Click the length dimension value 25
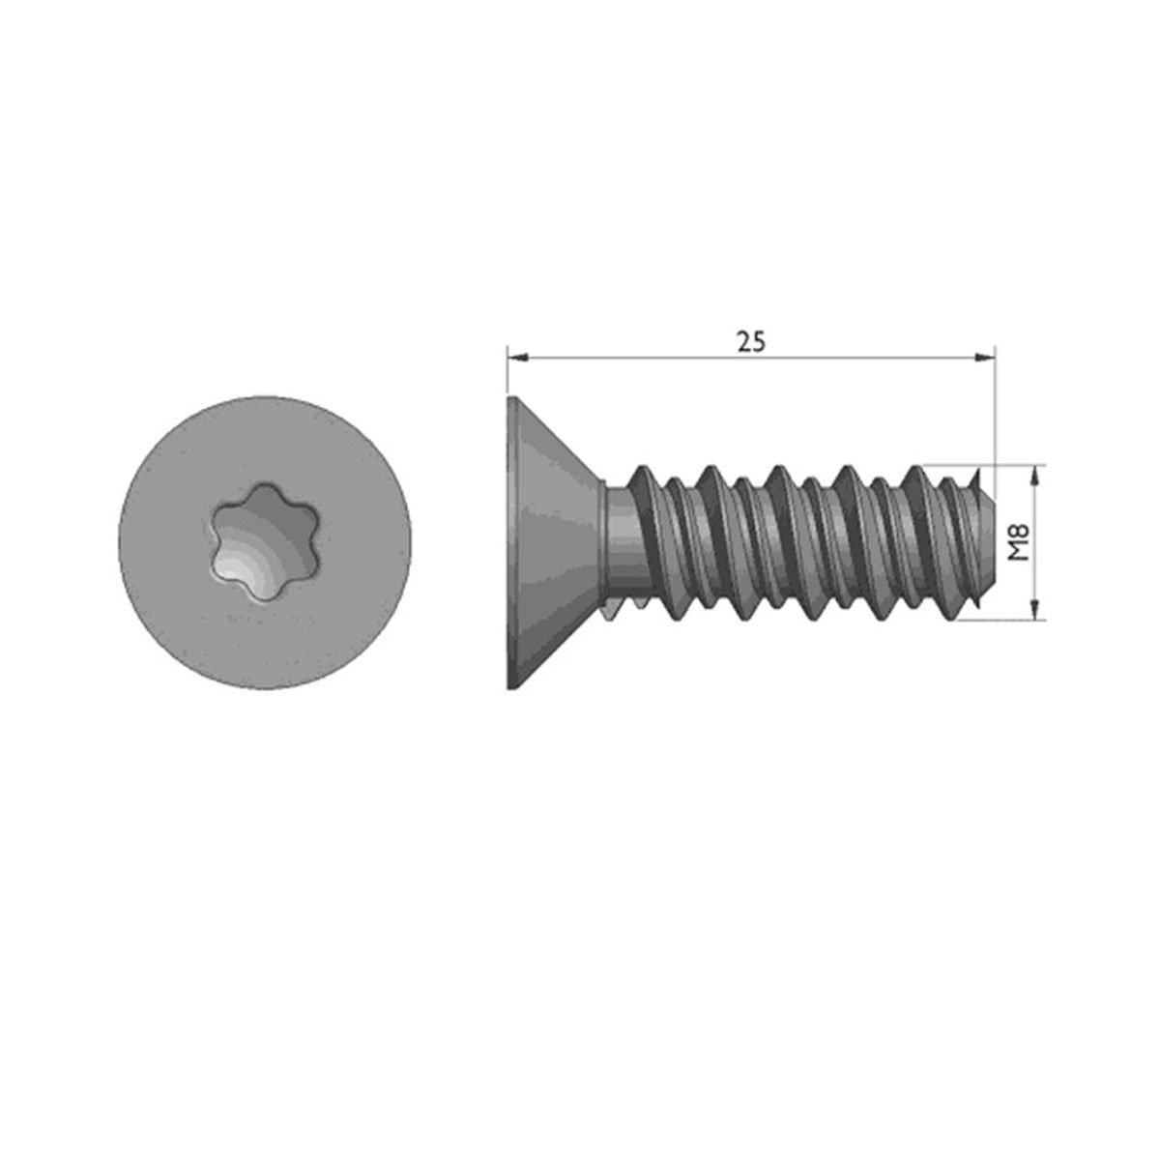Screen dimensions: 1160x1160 tap(751, 342)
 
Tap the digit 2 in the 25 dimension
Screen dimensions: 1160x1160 tap(744, 342)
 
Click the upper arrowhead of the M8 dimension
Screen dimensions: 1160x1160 tap(1034, 476)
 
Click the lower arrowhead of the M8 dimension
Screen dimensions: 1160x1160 tap(1034, 609)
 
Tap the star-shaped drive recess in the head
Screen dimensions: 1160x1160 tap(264, 542)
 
